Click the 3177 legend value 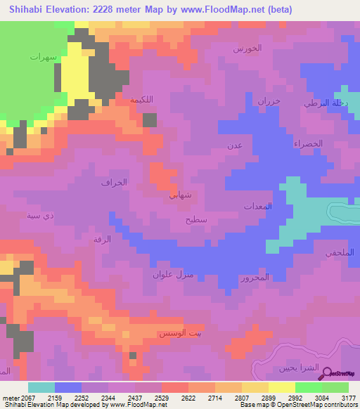coord(347,397)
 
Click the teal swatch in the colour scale coord(41,387)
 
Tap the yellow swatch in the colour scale coord(281,387)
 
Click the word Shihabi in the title coord(30,9)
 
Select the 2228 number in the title coord(124,9)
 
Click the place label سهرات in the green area coord(43,56)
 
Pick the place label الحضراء coord(308,143)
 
